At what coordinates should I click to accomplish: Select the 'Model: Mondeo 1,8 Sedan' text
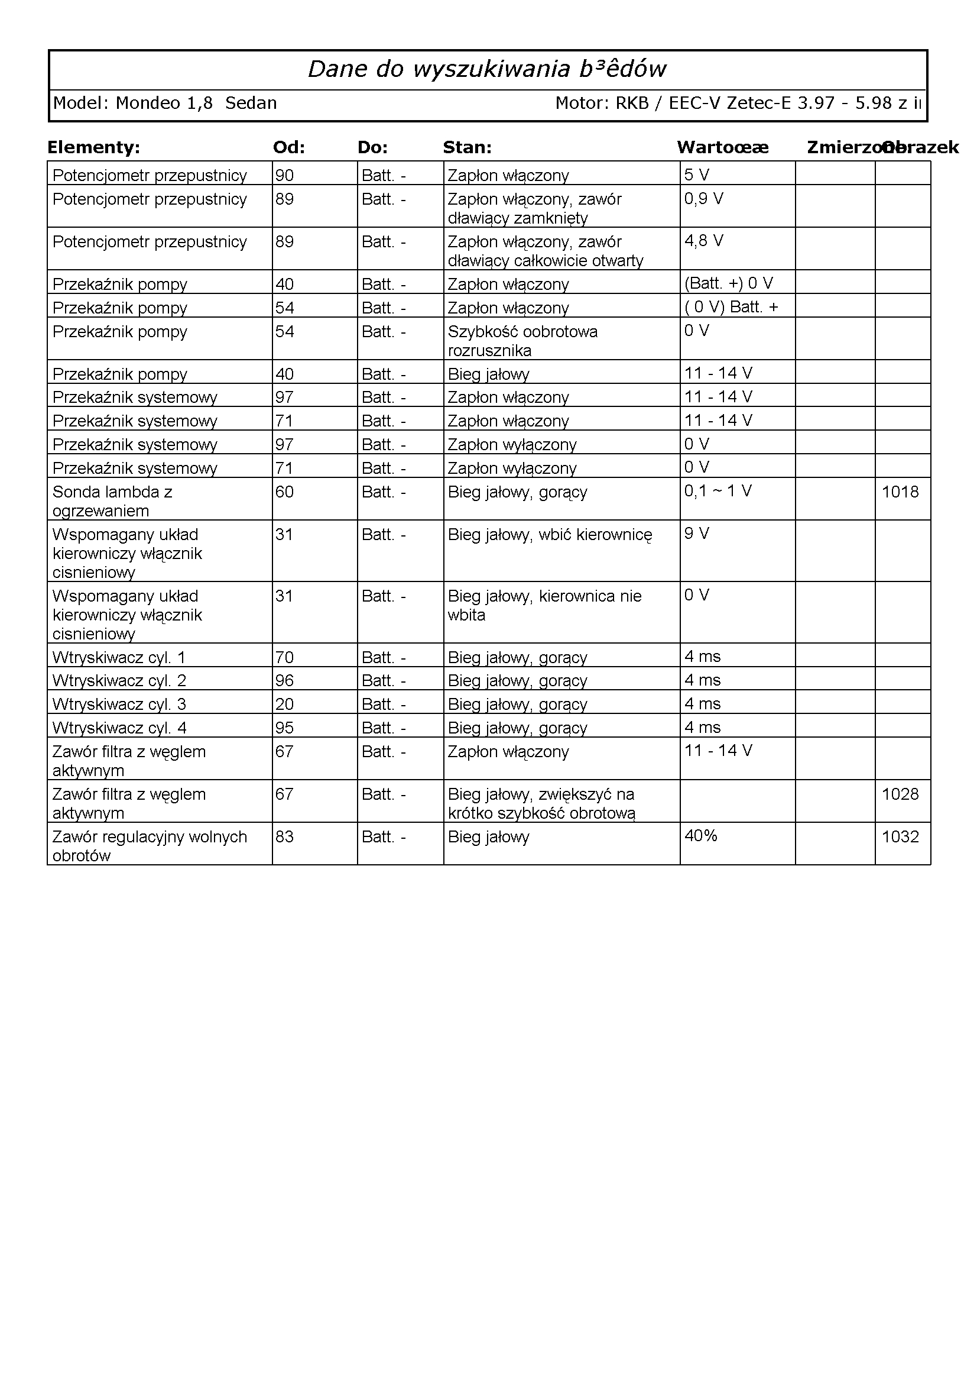[x=165, y=104]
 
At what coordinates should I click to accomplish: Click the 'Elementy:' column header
[x=93, y=147]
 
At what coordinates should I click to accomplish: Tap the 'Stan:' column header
[x=467, y=147]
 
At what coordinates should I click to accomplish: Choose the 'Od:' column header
[x=289, y=147]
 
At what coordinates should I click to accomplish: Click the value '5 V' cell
[x=696, y=175]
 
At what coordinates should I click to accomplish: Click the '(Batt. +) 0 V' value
[x=728, y=283]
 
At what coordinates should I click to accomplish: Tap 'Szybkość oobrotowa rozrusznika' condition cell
[x=522, y=341]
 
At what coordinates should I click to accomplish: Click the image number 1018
[x=900, y=492]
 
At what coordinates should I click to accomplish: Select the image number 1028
[x=900, y=794]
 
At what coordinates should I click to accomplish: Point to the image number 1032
[x=900, y=837]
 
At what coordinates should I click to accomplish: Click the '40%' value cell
[x=701, y=836]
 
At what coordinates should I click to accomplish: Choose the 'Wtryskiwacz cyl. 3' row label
[x=119, y=704]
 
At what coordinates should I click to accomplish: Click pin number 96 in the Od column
[x=285, y=681]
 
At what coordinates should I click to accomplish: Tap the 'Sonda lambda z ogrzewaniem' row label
[x=112, y=501]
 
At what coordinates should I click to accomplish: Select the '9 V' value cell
[x=696, y=534]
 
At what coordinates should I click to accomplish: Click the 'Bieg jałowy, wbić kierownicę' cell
[x=550, y=535]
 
